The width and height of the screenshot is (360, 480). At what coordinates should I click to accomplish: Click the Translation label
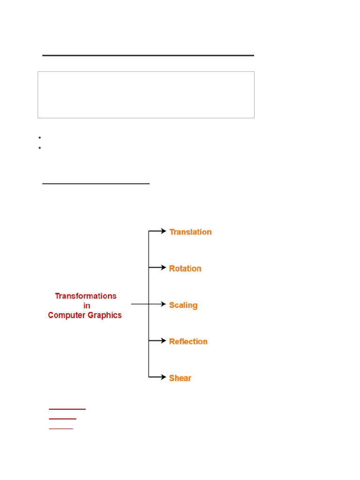pos(190,232)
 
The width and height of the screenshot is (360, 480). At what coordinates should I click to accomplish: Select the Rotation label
pos(185,269)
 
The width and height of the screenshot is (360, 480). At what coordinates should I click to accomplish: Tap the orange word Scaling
pos(183,305)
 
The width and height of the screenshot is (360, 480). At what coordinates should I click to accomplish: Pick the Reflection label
pos(188,342)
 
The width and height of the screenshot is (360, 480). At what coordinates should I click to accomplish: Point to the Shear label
pos(180,378)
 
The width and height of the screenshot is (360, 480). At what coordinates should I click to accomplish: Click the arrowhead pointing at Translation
pos(163,231)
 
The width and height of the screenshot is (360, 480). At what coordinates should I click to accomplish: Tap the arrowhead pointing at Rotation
pos(163,268)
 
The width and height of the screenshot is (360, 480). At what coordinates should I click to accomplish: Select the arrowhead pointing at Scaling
pos(163,304)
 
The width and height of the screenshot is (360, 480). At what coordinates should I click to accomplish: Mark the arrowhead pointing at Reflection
pos(163,340)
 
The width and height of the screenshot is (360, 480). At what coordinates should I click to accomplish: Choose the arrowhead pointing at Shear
pos(163,376)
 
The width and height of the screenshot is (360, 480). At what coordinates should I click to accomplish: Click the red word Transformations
pos(86,296)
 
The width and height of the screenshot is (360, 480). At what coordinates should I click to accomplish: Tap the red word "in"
pos(87,306)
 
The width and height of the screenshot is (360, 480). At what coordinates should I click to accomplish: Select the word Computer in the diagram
pos(66,315)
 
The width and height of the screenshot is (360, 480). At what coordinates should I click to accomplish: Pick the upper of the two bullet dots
pos(40,138)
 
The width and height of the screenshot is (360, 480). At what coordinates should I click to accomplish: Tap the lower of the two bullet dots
pos(40,148)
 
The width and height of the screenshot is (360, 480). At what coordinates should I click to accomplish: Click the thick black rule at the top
pos(148,55)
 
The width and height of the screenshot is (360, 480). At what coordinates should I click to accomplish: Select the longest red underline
pos(67,409)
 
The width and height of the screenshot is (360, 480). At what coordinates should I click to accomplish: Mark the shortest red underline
pos(61,428)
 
